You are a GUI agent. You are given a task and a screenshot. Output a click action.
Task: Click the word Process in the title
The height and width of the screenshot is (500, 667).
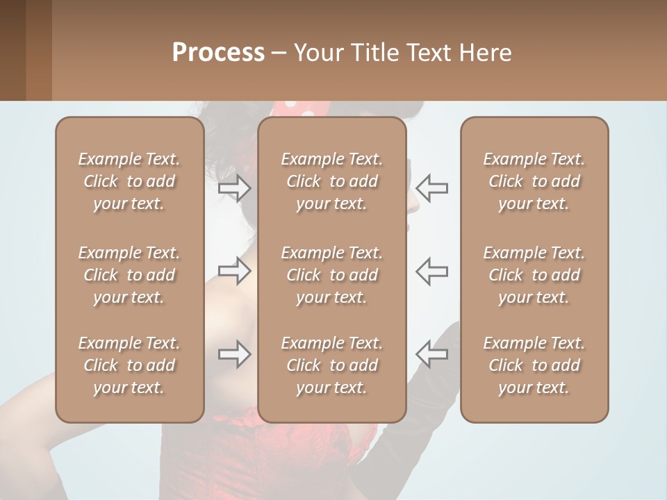(218, 53)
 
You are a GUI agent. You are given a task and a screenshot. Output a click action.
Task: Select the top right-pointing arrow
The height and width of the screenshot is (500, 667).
(235, 188)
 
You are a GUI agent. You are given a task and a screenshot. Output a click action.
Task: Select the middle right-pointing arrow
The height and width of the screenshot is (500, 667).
(235, 271)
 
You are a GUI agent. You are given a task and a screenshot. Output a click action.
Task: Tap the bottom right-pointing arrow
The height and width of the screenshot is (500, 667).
(235, 354)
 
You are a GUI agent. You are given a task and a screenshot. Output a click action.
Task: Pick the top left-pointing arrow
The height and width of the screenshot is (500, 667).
(431, 188)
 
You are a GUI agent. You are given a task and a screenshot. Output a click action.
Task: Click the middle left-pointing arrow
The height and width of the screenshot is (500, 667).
(431, 271)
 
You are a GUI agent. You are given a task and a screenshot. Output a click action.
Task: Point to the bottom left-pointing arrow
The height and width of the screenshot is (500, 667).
(431, 354)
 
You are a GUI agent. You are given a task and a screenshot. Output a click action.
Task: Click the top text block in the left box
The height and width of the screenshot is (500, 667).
(129, 181)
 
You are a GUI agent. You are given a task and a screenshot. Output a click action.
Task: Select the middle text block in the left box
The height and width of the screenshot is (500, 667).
(129, 275)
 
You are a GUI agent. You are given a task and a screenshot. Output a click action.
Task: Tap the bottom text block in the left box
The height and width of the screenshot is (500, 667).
(129, 365)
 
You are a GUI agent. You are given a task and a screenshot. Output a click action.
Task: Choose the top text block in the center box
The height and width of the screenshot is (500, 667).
(331, 181)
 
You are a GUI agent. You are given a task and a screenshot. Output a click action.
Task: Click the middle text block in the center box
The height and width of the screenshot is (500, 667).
(331, 275)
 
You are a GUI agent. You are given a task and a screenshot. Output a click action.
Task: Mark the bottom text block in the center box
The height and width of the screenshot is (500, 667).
(331, 365)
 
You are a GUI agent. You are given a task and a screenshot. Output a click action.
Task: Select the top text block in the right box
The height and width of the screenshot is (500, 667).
(534, 181)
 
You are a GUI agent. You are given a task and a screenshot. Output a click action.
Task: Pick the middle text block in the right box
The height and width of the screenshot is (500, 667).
(534, 275)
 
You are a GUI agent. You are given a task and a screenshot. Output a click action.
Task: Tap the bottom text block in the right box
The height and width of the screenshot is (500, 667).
(534, 365)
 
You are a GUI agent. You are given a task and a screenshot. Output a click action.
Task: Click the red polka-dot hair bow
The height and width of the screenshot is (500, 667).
(299, 108)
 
